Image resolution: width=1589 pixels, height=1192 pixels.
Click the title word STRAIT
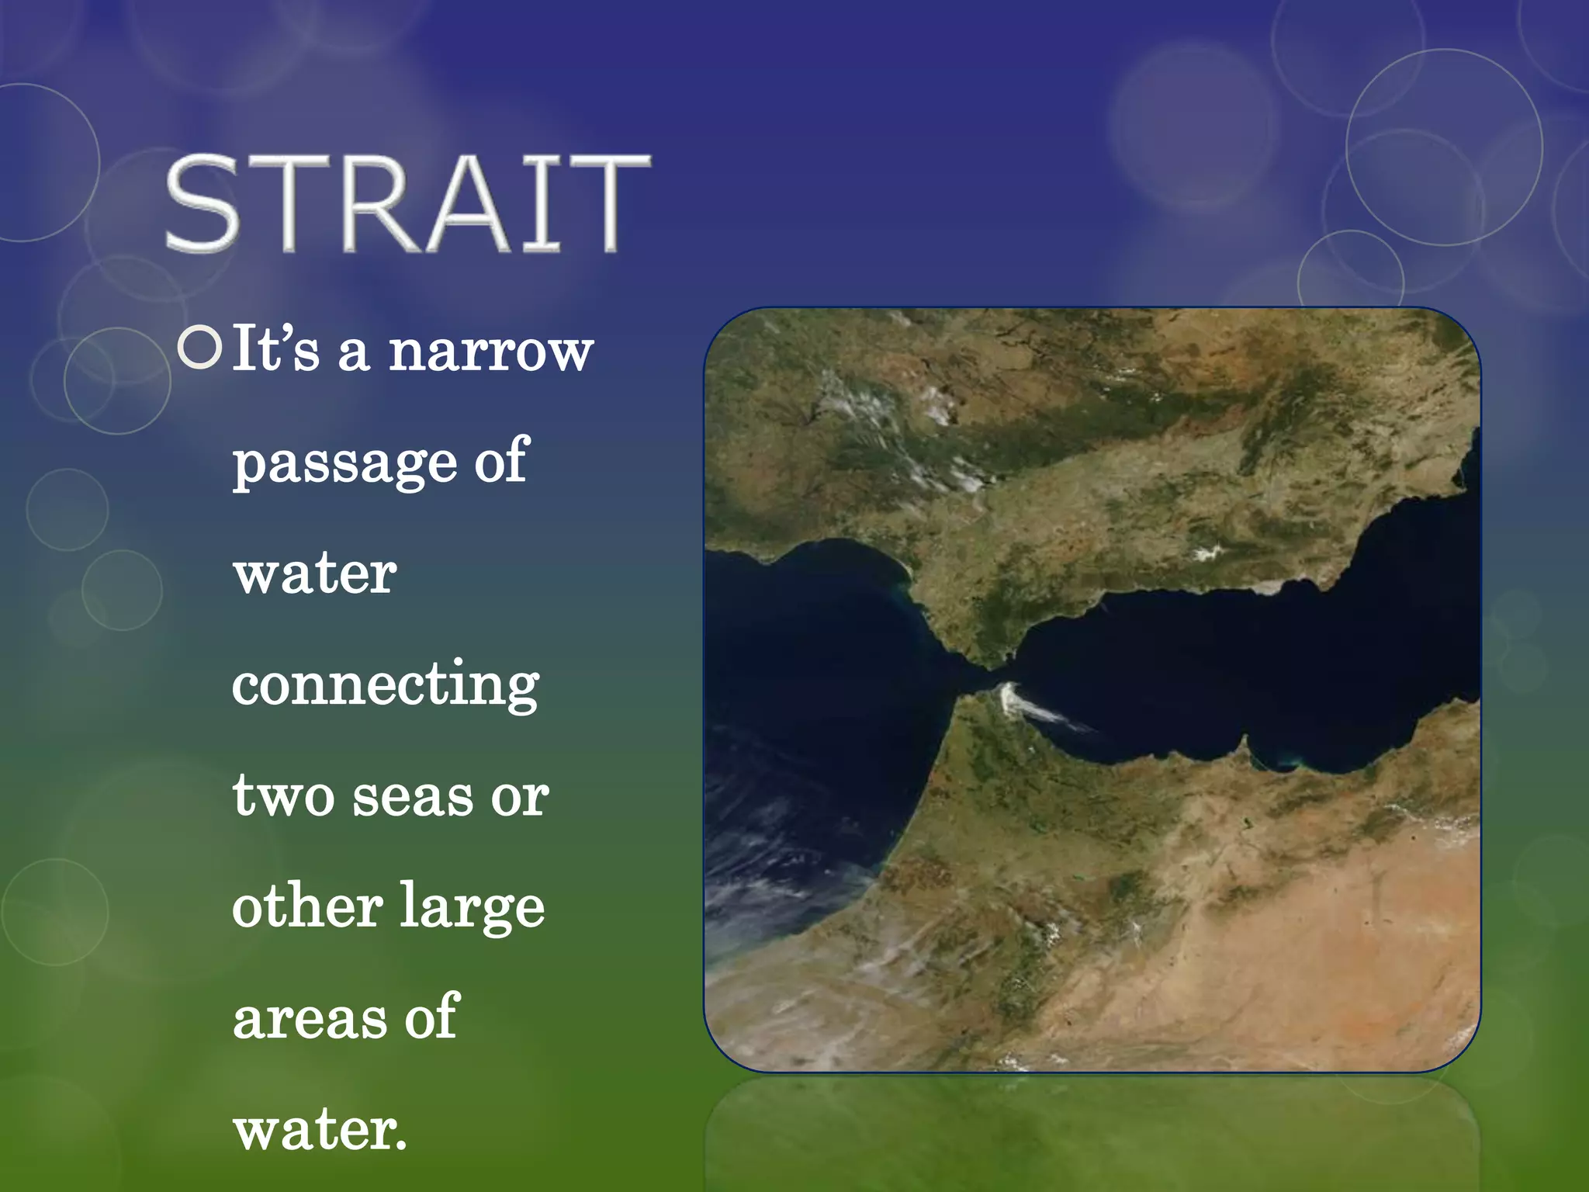[407, 203]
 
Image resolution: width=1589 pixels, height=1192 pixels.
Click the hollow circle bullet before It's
[199, 348]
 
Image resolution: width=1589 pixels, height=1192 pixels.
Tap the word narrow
[490, 352]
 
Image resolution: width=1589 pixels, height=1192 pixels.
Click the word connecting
[385, 685]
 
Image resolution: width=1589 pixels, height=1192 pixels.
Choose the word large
[472, 910]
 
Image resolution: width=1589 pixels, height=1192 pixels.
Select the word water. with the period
[320, 1131]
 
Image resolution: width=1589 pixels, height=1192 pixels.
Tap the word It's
[275, 348]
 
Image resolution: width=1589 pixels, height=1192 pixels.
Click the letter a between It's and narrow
[353, 353]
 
